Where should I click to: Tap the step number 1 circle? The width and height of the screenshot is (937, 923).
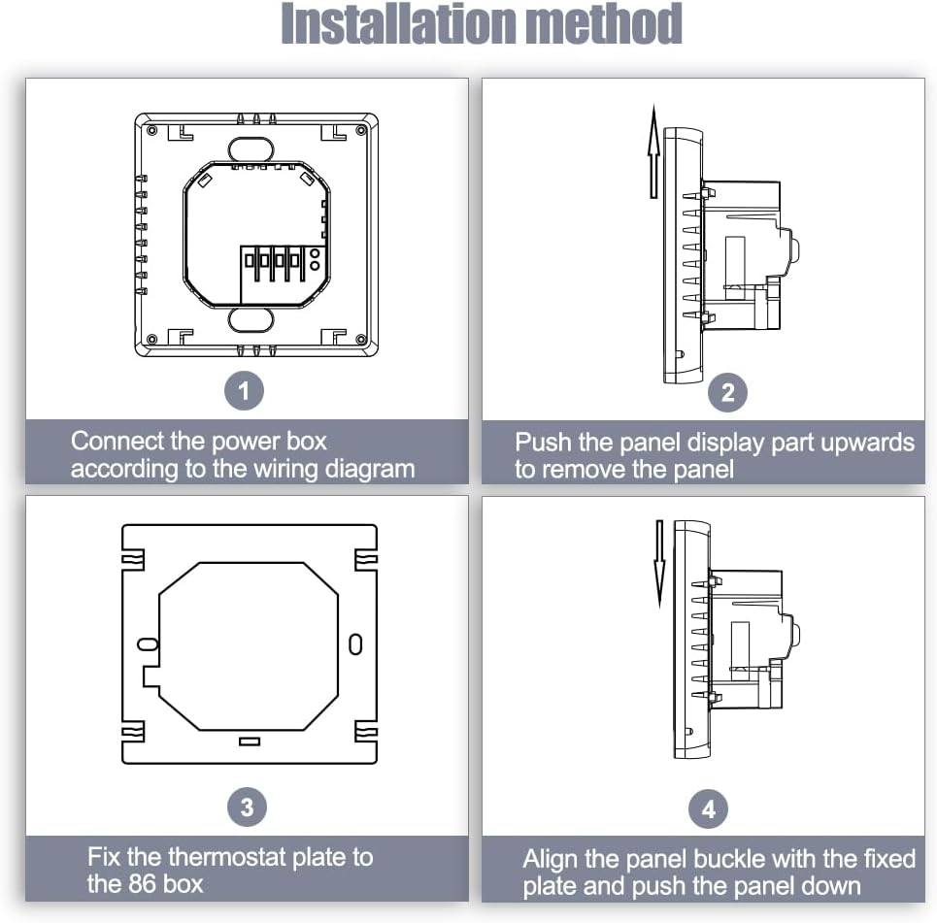pos(244,391)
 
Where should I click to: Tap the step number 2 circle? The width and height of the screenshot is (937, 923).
pos(727,392)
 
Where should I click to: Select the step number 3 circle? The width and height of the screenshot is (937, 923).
pos(247,808)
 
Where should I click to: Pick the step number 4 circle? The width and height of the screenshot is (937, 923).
pos(708,808)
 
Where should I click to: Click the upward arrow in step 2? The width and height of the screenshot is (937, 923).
pos(654,151)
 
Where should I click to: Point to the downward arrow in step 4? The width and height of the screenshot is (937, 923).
pos(659,564)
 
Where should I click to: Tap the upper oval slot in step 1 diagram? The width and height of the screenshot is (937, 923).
pos(251,148)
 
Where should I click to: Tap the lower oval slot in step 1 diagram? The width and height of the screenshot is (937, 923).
pos(251,319)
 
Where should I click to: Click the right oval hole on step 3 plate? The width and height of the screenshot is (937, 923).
pos(355,644)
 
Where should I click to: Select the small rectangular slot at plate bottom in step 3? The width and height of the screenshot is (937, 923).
pos(250,742)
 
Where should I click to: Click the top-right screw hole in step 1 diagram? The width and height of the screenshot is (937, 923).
pos(361,130)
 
